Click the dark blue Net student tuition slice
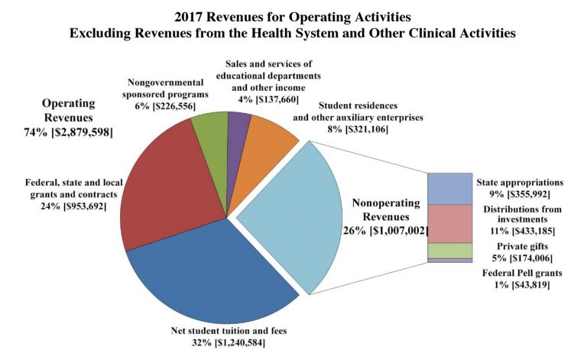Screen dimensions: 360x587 (x=206, y=283)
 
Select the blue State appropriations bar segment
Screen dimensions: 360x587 (x=449, y=188)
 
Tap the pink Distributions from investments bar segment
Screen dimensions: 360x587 (x=449, y=223)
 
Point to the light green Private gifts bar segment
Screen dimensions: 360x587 (x=449, y=251)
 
